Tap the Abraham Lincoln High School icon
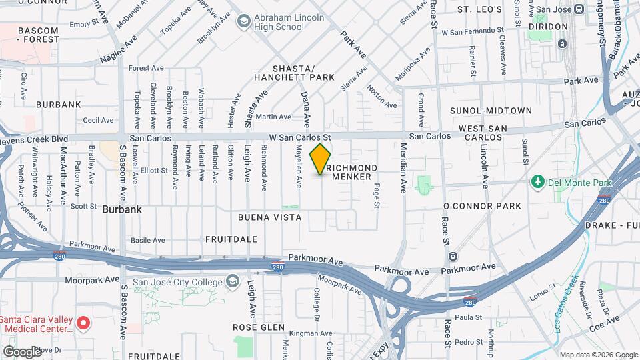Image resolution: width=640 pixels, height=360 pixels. tap(244, 21)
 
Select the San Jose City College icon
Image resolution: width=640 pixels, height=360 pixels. tap(231, 282)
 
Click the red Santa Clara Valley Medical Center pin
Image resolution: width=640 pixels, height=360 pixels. tap(83, 323)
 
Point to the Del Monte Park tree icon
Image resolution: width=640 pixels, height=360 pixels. tap(537, 182)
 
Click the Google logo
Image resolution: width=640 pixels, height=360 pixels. tap(23, 351)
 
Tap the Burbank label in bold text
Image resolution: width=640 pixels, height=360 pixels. tap(122, 209)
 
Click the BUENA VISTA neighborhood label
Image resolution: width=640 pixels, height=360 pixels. tap(269, 217)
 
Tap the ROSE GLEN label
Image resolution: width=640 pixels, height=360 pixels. tap(258, 328)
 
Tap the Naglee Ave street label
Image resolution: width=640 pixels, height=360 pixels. tap(117, 51)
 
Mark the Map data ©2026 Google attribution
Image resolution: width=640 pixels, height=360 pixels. tap(598, 355)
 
